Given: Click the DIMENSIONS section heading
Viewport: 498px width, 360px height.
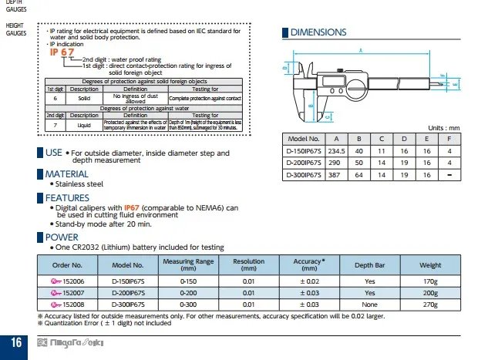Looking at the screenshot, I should click(x=318, y=32).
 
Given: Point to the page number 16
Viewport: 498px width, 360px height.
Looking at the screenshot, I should click(x=15, y=342).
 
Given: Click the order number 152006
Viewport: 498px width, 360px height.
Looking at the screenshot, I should click(x=66, y=281).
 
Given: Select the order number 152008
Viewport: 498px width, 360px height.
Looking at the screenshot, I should click(x=66, y=304).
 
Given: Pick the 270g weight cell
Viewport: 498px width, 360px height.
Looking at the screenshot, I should click(x=430, y=304).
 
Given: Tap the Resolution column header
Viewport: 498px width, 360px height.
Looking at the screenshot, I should click(x=248, y=264).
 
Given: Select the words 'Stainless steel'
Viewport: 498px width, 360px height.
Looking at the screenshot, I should click(x=78, y=184).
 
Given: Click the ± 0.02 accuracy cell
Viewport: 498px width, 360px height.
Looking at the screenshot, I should click(x=309, y=281).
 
